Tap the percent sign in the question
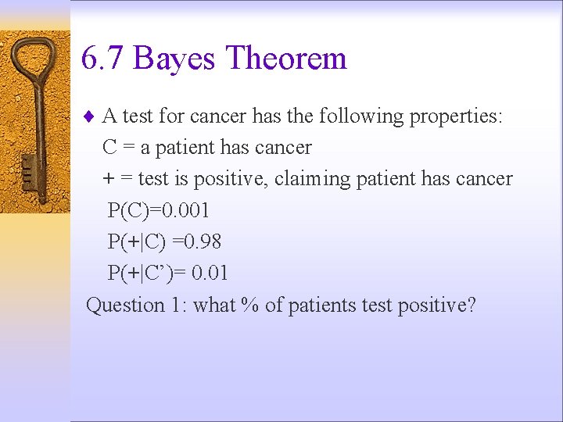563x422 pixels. tap(250, 305)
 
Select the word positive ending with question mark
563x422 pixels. tap(436, 305)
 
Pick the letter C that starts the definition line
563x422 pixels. tap(110, 148)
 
